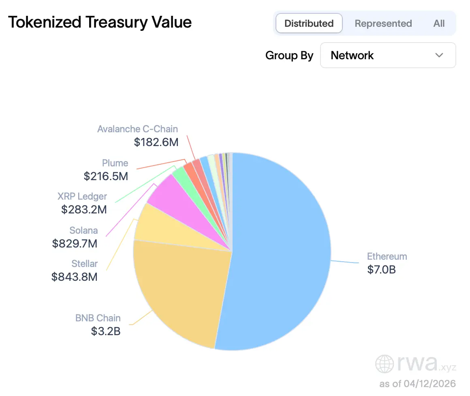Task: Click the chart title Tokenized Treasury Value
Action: [x=100, y=23]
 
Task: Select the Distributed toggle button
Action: [x=309, y=24]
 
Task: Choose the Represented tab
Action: [x=383, y=24]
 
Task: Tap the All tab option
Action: [x=439, y=24]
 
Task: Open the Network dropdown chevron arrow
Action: [x=439, y=55]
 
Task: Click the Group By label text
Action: [x=289, y=56]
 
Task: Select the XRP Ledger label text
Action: [x=82, y=196]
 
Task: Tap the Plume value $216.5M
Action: [x=106, y=176]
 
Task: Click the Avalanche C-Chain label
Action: [x=137, y=129]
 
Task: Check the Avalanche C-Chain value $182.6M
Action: [x=156, y=142]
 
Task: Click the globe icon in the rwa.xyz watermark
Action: [x=384, y=364]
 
